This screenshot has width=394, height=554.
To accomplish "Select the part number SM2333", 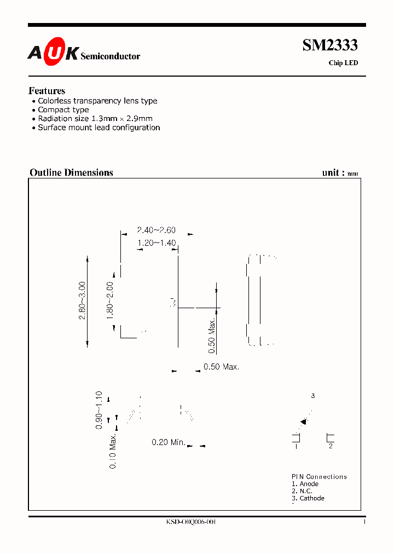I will [330, 46].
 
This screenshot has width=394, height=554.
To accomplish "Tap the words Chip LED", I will [343, 63].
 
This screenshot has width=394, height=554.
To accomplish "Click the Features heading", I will [47, 91].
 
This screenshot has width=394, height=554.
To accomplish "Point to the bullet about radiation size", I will [95, 119].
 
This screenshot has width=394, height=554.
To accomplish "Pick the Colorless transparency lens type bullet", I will [97, 101].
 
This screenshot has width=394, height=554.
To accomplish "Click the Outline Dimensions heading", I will [71, 172].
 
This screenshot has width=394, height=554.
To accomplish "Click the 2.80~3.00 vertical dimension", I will [83, 301].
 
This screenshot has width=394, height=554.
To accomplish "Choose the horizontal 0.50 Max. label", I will [221, 367].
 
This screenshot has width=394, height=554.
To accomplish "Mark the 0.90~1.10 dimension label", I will [99, 409].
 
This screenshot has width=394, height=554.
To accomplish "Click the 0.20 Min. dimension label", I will [169, 442].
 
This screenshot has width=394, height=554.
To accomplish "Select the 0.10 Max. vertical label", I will [113, 451].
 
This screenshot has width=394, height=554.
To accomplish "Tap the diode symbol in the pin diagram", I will [303, 422].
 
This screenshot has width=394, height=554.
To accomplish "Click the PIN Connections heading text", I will [319, 477].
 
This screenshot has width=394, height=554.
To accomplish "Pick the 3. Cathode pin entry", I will [308, 498].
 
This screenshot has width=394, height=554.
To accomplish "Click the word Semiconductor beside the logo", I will [110, 56].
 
